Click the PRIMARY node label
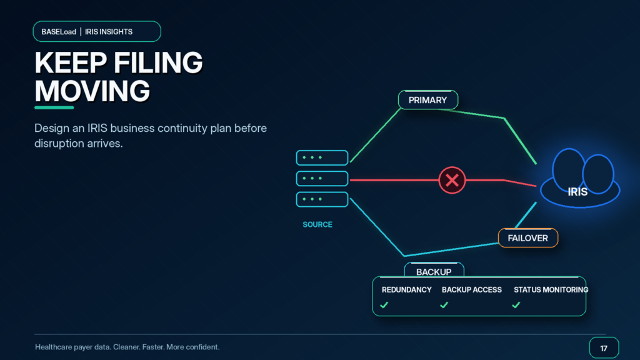[427, 100]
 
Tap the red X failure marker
[452, 180]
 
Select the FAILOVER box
[527, 238]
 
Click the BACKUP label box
[434, 270]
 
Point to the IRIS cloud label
[577, 192]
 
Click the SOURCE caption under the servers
[317, 224]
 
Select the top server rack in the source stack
[322, 157]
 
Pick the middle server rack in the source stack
[322, 178]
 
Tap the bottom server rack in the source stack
[322, 199]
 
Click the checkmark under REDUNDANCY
[384, 305]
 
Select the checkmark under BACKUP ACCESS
[444, 305]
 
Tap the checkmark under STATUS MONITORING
[516, 305]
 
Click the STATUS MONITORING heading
[551, 290]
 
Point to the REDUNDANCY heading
[406, 290]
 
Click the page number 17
[604, 349]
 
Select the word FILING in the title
[158, 62]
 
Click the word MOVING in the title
[92, 91]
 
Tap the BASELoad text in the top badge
[59, 32]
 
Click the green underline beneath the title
[54, 107]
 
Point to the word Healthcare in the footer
[54, 347]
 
